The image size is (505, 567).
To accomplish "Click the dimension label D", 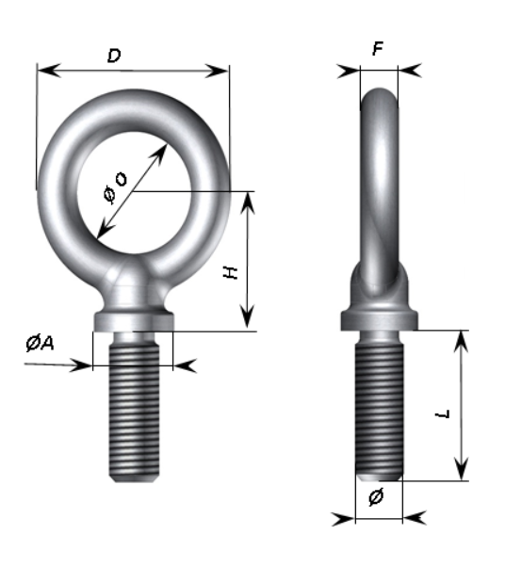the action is (114, 57).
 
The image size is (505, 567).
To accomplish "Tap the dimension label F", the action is (378, 49).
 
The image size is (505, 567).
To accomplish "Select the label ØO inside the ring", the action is (115, 187).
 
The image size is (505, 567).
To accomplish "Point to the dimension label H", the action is (231, 272).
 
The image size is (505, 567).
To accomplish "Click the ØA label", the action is (40, 343).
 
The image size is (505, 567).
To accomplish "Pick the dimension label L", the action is (443, 414).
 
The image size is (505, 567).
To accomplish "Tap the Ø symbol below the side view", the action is (376, 496).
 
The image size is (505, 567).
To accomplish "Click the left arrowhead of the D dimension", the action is (49, 70).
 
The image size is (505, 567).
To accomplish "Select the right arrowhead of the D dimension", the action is (217, 71).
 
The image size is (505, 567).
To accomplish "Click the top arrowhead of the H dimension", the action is (248, 203).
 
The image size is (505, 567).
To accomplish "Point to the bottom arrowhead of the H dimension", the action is (248, 316).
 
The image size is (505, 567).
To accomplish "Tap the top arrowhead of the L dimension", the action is (461, 341).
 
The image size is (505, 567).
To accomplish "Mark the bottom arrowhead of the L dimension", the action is (462, 469).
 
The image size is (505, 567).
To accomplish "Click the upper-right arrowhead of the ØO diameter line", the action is (159, 154).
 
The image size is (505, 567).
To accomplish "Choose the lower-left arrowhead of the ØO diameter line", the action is (106, 228).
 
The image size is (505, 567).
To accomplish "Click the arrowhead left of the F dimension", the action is (349, 72).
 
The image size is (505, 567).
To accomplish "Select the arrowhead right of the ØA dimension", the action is (185, 365).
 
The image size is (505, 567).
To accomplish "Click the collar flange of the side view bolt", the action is (379, 320).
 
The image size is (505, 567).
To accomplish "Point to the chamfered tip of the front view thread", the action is (134, 479).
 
